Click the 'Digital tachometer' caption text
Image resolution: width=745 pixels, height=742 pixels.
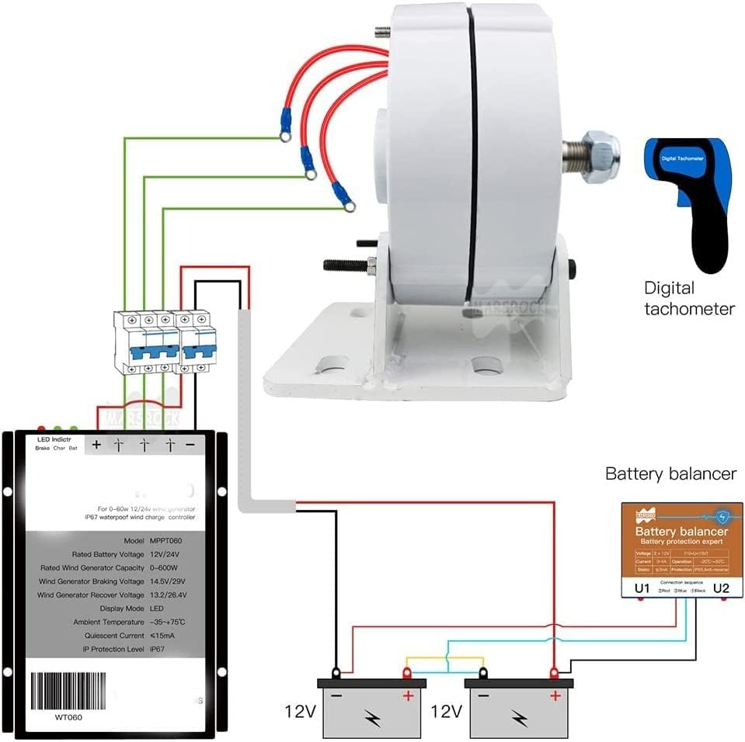point(688,299)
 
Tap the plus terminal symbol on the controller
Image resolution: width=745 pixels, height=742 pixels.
point(96,446)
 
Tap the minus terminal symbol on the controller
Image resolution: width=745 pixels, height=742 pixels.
point(190,446)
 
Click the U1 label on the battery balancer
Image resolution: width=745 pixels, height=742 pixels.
point(642,588)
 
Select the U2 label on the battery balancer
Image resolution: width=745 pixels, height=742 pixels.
point(721,588)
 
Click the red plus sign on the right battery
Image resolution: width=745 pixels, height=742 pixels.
point(555,696)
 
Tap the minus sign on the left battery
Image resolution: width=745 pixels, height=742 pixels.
point(336,696)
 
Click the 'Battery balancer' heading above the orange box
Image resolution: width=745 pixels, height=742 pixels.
point(670,473)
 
